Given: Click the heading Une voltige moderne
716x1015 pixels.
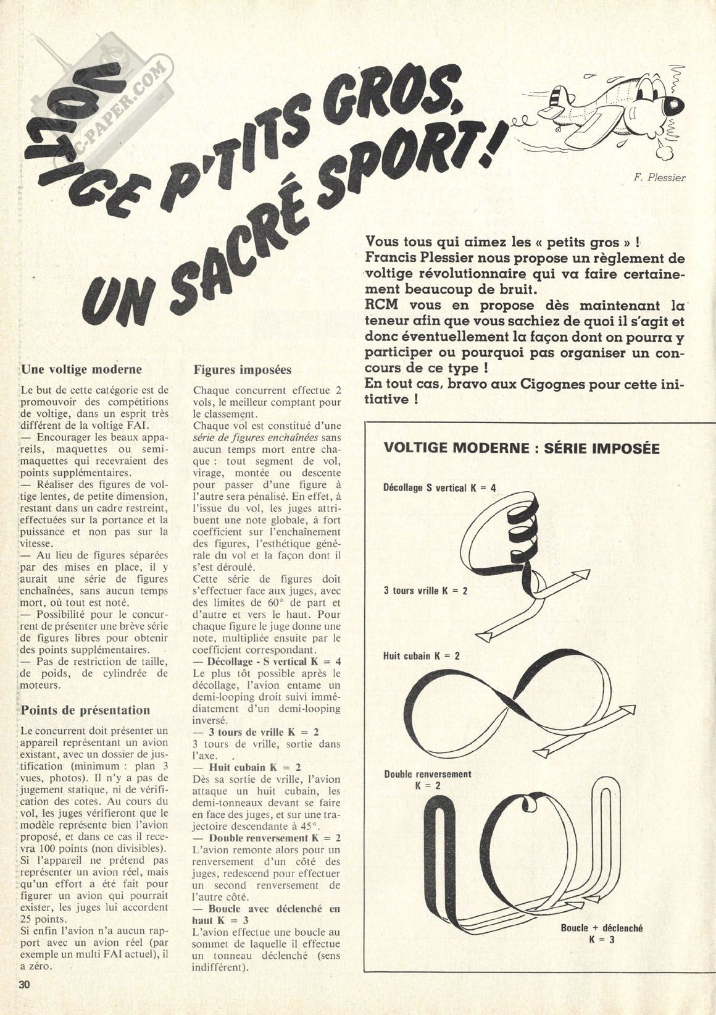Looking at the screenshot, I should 81,369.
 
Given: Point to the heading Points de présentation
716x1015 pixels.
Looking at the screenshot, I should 86,710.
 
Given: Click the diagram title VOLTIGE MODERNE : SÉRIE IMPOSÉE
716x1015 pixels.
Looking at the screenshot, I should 522,447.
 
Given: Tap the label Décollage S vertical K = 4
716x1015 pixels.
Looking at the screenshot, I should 439,488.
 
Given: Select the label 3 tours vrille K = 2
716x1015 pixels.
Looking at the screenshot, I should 425,591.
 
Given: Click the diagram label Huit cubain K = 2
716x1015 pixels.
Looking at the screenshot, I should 422,655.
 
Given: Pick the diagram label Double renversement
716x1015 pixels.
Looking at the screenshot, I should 427,774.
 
